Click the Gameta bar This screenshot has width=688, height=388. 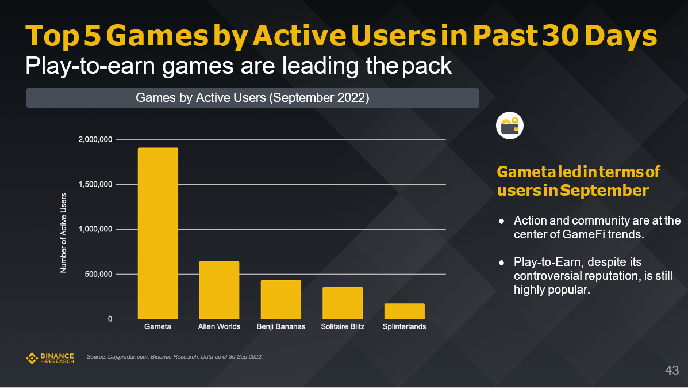click(x=157, y=233)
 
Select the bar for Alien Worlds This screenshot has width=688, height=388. click(x=219, y=290)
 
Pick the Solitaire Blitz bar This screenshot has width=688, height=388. click(x=343, y=303)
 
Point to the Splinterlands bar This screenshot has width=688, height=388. click(x=404, y=311)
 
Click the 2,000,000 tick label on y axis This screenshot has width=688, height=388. click(x=96, y=140)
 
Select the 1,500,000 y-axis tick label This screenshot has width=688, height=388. click(x=96, y=185)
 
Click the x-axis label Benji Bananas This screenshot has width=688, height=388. click(x=280, y=327)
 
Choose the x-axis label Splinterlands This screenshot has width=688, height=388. click(x=404, y=327)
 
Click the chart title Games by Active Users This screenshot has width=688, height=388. click(x=252, y=98)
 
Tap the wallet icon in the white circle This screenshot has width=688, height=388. click(x=510, y=126)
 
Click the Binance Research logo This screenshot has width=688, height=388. click(x=50, y=358)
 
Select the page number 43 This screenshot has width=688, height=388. click(x=672, y=370)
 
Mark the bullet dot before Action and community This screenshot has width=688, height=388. click(x=502, y=221)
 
